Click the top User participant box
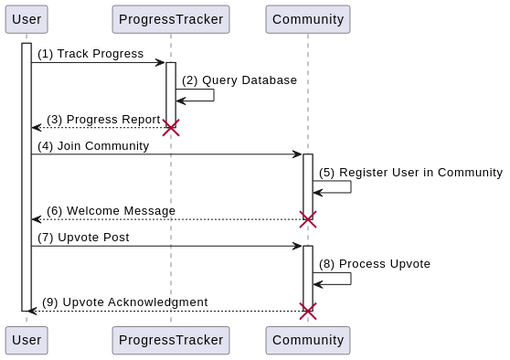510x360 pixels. pyautogui.click(x=26, y=19)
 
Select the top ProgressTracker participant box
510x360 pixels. pyautogui.click(x=170, y=19)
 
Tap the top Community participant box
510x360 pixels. pyautogui.click(x=308, y=19)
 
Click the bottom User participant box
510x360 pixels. pyautogui.click(x=26, y=340)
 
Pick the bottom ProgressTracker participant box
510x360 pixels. pyautogui.click(x=170, y=340)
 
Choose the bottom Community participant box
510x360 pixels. pyautogui.click(x=308, y=340)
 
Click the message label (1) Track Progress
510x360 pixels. pyautogui.click(x=91, y=54)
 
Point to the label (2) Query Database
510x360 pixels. pyautogui.click(x=239, y=80)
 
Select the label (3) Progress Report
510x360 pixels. pyautogui.click(x=103, y=119)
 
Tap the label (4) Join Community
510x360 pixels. pyautogui.click(x=93, y=146)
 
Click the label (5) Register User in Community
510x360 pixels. pyautogui.click(x=410, y=172)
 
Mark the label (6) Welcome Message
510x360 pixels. pyautogui.click(x=110, y=211)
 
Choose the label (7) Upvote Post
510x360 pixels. pyautogui.click(x=83, y=237)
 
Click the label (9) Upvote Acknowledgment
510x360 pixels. pyautogui.click(x=124, y=302)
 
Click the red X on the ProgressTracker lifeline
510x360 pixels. pyautogui.click(x=171, y=128)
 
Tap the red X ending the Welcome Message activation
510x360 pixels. pyautogui.click(x=308, y=219)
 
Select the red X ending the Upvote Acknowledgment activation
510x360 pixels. pyautogui.click(x=308, y=311)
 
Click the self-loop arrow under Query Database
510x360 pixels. pyautogui.click(x=200, y=96)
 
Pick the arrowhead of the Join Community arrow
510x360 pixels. pyautogui.click(x=297, y=154)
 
